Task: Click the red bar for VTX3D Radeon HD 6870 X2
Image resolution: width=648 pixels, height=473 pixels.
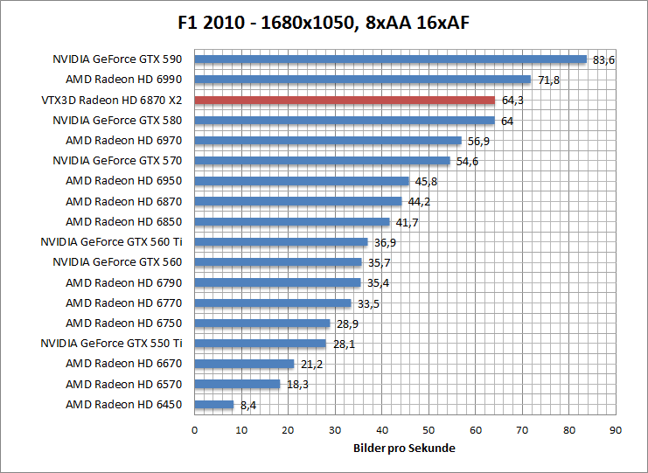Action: (344, 100)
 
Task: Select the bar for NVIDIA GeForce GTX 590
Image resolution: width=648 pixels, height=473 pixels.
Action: (390, 59)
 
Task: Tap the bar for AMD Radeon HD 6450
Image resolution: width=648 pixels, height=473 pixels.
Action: (213, 404)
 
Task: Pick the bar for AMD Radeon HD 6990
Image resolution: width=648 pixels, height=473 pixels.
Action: (362, 80)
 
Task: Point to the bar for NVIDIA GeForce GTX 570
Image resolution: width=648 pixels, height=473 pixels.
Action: (322, 161)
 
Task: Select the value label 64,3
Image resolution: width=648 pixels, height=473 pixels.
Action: (512, 101)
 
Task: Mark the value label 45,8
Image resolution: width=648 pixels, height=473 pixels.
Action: (426, 182)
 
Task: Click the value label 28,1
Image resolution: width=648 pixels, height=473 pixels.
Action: (344, 344)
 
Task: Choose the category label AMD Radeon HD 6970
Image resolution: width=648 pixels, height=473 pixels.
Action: (123, 141)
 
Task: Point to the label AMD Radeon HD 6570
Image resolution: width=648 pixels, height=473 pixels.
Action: (123, 384)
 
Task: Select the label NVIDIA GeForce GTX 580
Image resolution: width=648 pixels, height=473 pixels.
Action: (117, 121)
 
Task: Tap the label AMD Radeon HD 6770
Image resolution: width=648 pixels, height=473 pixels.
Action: (123, 303)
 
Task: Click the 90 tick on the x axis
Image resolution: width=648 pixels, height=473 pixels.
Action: (615, 429)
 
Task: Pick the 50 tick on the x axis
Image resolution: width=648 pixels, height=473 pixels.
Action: (428, 429)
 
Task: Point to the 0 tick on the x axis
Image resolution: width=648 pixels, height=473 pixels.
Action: (194, 429)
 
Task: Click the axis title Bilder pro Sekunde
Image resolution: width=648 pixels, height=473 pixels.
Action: (404, 448)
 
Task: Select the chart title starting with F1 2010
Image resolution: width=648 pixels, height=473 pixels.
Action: (324, 21)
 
